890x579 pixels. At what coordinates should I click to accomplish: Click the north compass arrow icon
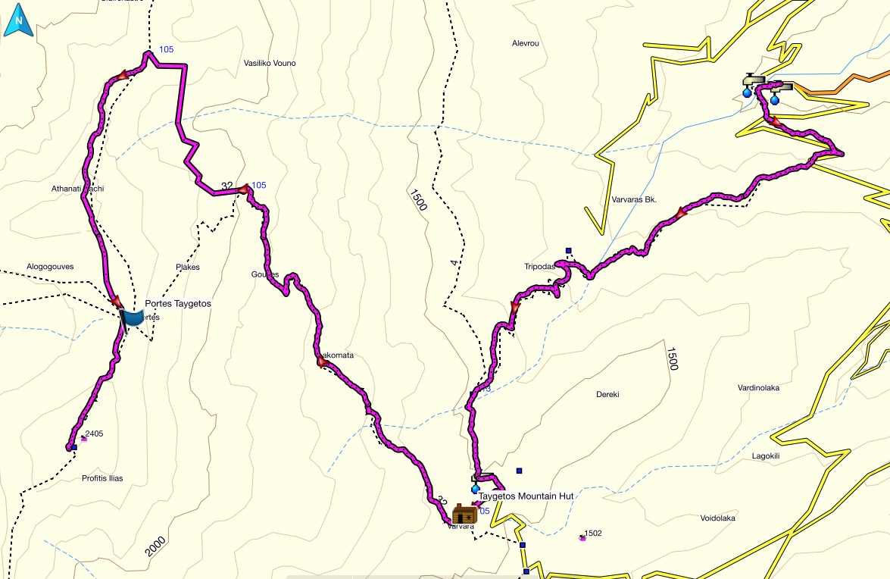click(x=18, y=23)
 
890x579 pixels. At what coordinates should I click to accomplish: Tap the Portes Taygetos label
click(x=177, y=303)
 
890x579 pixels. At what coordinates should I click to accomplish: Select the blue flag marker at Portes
click(x=132, y=318)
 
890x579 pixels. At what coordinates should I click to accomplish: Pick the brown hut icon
click(x=464, y=515)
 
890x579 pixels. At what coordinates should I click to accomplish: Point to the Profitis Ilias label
click(x=102, y=478)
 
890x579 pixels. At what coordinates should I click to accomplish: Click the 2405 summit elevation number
click(x=95, y=434)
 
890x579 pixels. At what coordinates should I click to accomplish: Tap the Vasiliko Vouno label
click(x=270, y=63)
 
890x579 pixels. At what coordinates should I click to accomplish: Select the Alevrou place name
click(x=526, y=44)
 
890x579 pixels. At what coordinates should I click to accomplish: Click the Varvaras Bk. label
click(x=633, y=200)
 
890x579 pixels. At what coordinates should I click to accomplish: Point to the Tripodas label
click(x=539, y=267)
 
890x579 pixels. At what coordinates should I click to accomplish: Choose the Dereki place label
click(x=607, y=395)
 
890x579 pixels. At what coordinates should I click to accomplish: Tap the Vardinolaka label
click(x=758, y=388)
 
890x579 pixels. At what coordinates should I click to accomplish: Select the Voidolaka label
click(x=718, y=518)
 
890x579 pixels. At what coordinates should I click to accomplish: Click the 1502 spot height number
click(x=593, y=534)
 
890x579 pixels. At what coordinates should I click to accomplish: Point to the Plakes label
click(x=187, y=267)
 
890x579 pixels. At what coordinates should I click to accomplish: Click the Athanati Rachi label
click(x=77, y=188)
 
